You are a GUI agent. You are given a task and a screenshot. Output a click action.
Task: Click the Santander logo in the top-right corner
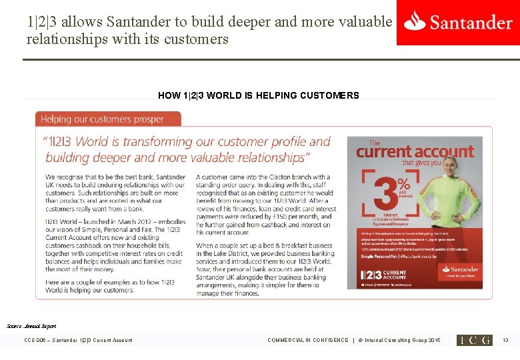(x=458, y=22)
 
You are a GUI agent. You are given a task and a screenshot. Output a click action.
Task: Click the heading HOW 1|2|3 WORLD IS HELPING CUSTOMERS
(x=259, y=95)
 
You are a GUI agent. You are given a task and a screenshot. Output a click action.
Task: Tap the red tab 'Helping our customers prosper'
(x=107, y=119)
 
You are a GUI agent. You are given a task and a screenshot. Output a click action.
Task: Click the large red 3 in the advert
(x=381, y=187)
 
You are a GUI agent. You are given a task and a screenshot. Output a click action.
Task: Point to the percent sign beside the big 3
(x=403, y=181)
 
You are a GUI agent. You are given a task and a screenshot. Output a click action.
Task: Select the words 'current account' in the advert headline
(x=414, y=151)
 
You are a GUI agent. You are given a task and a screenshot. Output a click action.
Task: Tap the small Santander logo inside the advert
(x=459, y=271)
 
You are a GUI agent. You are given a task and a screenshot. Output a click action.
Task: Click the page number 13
(x=505, y=340)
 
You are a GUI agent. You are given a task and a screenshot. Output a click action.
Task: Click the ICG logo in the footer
(x=474, y=340)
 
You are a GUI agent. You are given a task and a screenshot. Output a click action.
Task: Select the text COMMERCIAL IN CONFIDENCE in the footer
(x=307, y=340)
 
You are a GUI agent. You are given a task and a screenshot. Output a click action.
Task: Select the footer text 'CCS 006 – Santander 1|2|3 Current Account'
(x=78, y=340)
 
